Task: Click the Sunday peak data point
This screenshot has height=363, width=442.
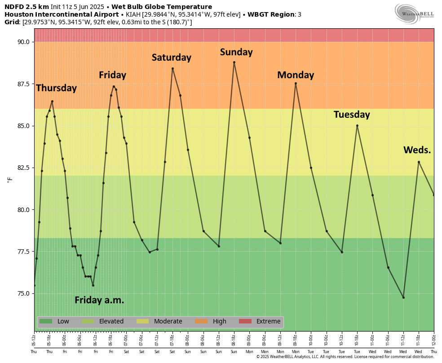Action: click(x=234, y=62)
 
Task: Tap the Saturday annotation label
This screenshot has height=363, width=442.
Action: click(x=171, y=58)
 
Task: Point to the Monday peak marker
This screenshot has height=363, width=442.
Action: click(x=296, y=83)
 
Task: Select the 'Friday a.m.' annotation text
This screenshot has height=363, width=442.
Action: click(x=99, y=300)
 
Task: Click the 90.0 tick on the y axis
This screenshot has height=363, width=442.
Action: click(x=23, y=42)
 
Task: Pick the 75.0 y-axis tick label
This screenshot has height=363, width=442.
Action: click(x=23, y=293)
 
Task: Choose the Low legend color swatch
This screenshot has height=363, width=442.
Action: click(x=46, y=321)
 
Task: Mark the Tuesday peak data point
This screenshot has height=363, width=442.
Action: click(x=357, y=125)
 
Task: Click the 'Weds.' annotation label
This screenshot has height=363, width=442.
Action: click(x=417, y=150)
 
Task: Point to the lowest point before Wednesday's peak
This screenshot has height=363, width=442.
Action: click(x=403, y=297)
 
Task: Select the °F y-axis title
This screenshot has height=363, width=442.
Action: click(x=10, y=180)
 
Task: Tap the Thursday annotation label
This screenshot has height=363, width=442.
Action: click(x=57, y=88)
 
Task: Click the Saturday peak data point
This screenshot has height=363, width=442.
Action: click(x=172, y=68)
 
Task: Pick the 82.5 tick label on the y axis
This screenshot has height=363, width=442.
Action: click(x=23, y=168)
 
